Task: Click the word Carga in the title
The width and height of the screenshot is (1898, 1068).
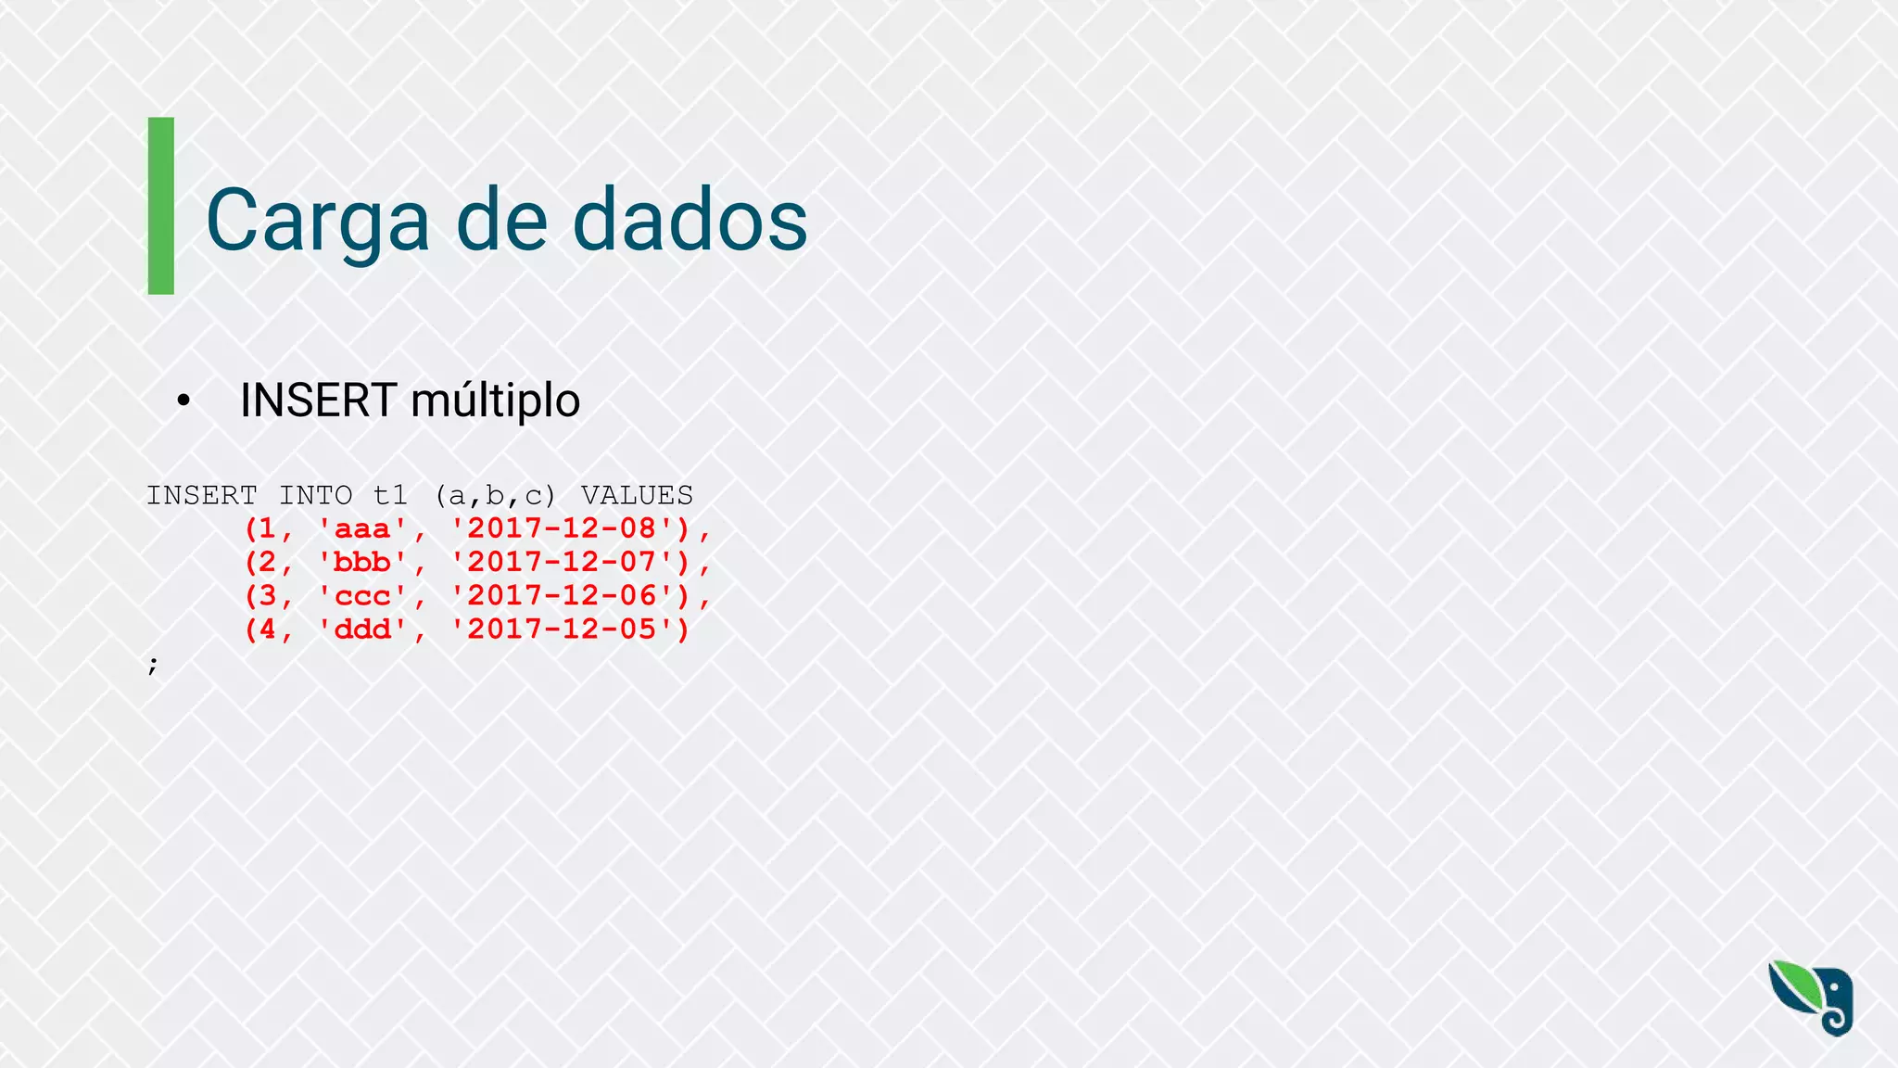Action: point(317,221)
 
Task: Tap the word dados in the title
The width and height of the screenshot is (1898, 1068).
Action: point(690,221)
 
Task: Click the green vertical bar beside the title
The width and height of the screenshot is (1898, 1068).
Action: point(161,206)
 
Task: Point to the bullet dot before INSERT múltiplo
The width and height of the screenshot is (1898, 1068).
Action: point(183,400)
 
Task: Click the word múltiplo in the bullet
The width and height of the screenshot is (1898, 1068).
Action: point(495,400)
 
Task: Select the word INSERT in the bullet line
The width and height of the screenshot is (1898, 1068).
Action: point(318,400)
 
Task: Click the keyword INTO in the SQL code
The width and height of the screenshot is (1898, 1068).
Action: point(316,495)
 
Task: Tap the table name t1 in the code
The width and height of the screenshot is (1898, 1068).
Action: point(391,495)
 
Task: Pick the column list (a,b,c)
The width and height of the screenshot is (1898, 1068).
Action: point(495,495)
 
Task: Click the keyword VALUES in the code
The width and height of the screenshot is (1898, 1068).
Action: point(638,495)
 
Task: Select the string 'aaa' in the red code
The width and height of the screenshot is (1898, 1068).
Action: point(362,528)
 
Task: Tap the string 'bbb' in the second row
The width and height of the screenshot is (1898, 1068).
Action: point(362,562)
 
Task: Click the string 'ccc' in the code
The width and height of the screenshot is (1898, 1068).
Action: point(362,596)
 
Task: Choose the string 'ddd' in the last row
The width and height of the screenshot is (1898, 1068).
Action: point(362,629)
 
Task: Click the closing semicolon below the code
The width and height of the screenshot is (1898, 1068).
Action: point(153,665)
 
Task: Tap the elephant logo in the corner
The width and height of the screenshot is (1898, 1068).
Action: point(1813,998)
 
